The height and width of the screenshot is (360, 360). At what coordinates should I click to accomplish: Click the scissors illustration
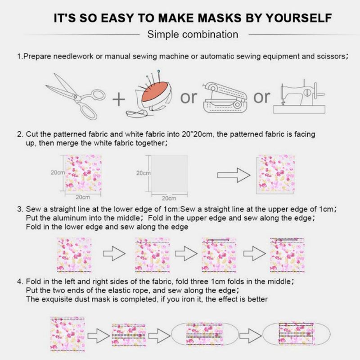tap(75, 96)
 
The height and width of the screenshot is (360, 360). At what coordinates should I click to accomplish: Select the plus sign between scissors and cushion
tap(119, 99)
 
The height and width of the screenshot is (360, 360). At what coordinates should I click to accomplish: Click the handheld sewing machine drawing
tap(225, 98)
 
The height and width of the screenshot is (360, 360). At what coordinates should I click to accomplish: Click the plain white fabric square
tap(169, 174)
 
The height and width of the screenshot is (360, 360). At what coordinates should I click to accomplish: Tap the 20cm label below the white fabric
tap(169, 198)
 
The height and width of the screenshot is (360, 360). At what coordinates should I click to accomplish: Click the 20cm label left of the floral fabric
tap(58, 172)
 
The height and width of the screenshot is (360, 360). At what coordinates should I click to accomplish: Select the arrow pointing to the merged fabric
tap(234, 175)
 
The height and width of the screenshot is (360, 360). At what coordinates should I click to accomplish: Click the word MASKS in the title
tap(220, 18)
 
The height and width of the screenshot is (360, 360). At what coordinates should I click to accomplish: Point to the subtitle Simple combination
tap(193, 35)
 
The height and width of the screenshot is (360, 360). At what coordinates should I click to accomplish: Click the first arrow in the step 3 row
tap(114, 253)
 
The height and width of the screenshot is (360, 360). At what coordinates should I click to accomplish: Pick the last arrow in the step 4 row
tap(251, 336)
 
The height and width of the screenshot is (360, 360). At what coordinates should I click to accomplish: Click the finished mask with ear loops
tap(297, 333)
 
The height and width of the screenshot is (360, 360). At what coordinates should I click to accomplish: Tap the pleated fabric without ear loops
tap(129, 335)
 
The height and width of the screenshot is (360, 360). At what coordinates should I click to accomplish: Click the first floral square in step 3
tap(74, 255)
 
